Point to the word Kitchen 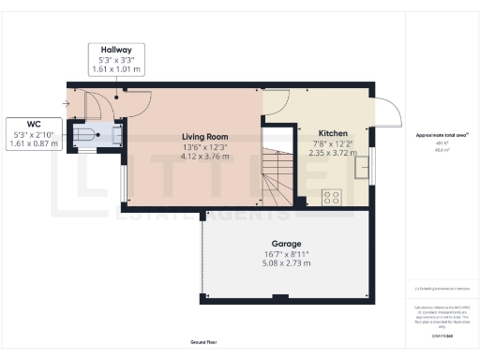[x=333, y=133]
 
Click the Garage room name [x=286, y=244]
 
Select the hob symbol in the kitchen [x=332, y=198]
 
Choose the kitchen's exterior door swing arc [x=387, y=114]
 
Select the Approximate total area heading [x=442, y=136]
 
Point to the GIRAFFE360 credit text [x=442, y=335]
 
